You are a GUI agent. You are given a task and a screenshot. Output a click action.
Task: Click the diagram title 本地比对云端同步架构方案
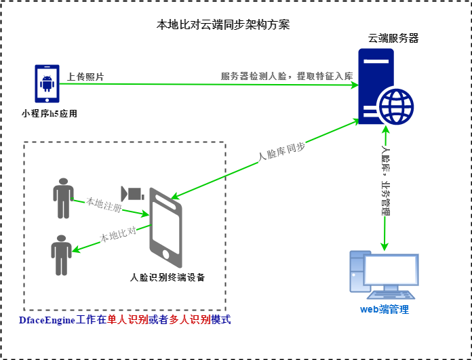tap(223, 25)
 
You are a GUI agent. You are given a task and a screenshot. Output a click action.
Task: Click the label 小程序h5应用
tap(50, 113)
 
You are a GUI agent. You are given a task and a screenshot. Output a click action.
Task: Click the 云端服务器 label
tap(393, 38)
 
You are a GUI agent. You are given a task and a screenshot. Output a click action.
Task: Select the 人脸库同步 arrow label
tap(282, 153)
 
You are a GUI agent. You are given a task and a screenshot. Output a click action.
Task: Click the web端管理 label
tap(385, 310)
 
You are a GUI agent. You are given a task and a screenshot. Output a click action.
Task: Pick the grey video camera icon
tap(132, 193)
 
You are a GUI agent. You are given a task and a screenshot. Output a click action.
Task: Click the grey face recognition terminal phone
tap(165, 228)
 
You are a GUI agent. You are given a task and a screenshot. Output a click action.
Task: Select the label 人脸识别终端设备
tap(168, 277)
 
